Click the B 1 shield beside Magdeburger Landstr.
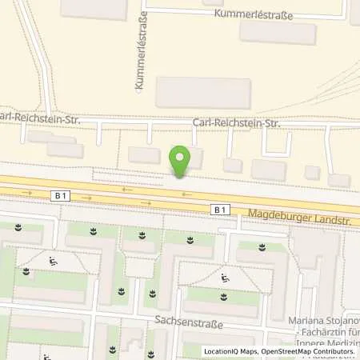click(221, 210)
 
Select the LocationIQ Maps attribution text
click(227, 352)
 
